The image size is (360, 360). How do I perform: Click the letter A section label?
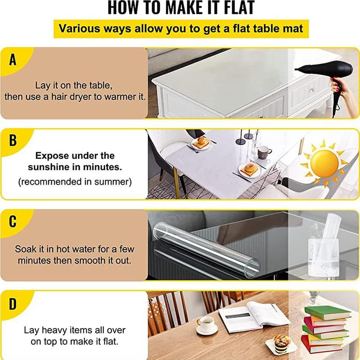tap(13, 59)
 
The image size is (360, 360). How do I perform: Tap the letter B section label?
tap(13, 140)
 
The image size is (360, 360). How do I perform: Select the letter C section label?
tap(13, 221)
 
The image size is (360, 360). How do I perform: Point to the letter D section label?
tap(13, 303)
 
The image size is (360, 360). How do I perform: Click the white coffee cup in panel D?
tap(206, 324)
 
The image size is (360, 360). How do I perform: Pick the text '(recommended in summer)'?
tap(75, 182)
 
